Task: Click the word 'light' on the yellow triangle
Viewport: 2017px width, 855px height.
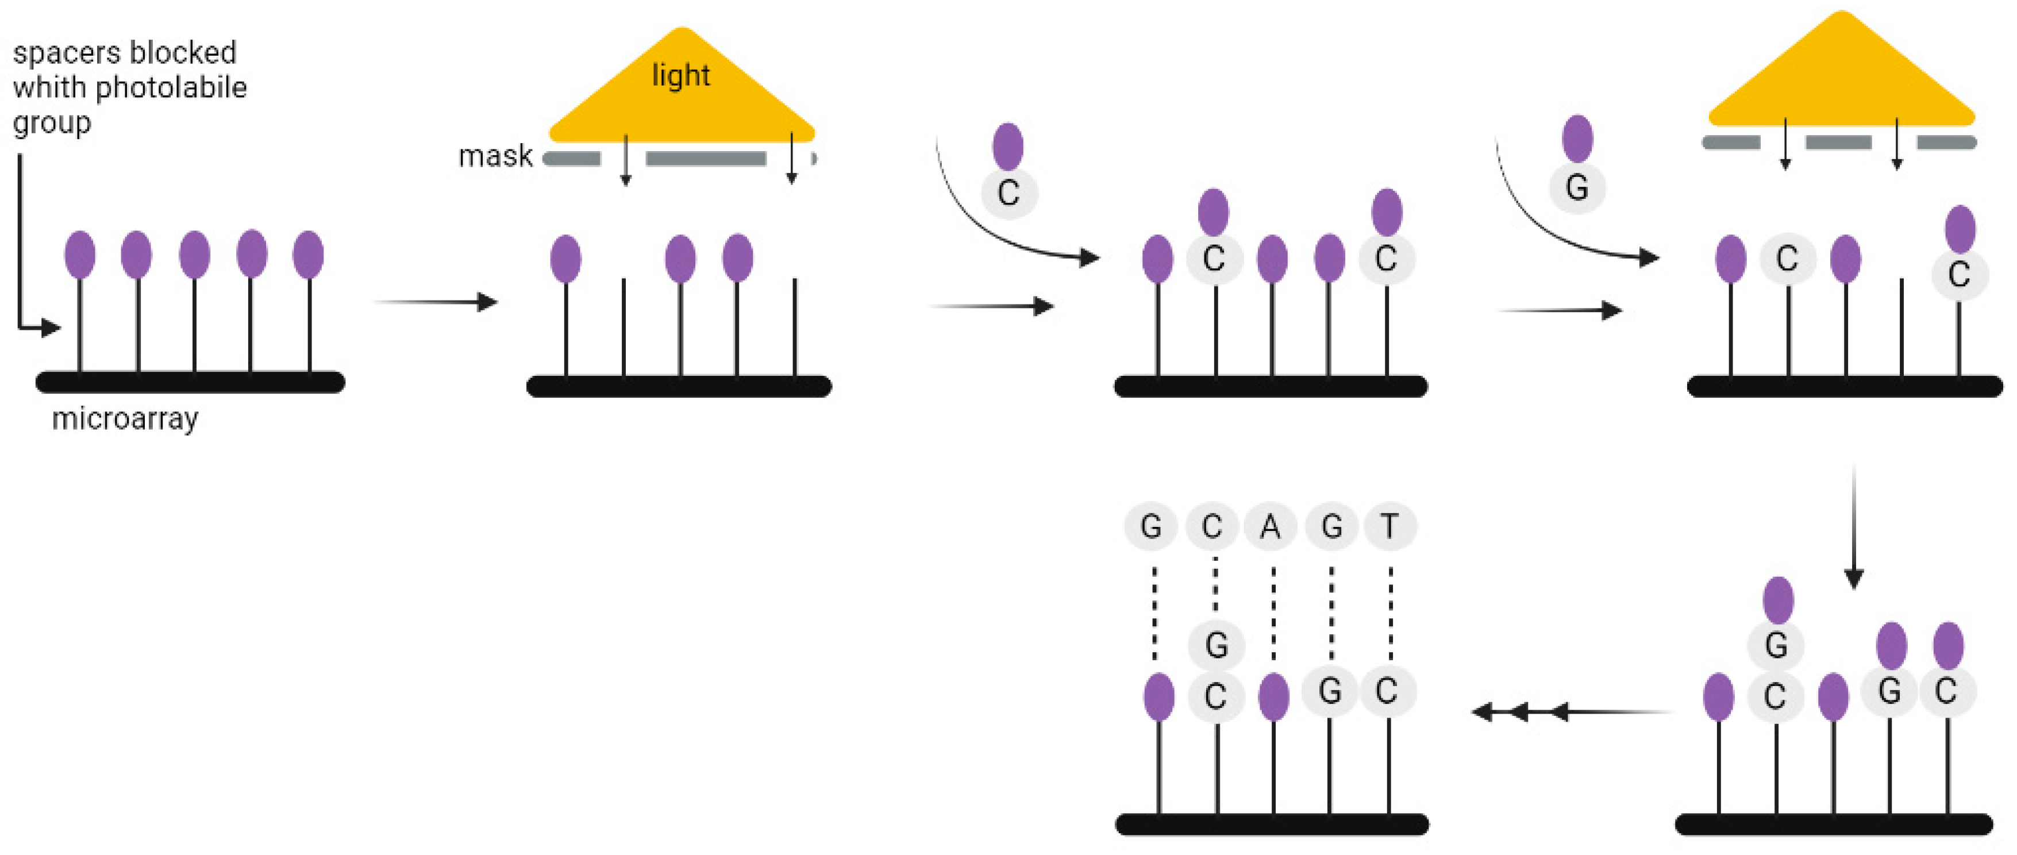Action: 680,76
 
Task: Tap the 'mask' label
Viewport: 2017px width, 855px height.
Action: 495,157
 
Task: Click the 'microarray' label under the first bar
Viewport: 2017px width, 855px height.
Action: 125,419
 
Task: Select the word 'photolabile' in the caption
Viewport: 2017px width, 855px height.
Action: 182,88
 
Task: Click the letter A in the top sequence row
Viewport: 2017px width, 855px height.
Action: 1270,527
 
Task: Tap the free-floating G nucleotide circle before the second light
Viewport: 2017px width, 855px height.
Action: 1576,188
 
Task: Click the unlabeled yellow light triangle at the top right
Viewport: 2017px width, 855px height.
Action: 1842,78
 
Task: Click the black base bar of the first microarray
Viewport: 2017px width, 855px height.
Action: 190,382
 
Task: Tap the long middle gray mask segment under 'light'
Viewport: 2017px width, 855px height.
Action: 706,159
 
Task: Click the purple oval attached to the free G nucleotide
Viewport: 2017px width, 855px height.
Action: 1577,138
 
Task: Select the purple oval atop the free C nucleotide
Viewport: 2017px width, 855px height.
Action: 1008,147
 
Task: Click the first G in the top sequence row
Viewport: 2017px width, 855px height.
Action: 1150,527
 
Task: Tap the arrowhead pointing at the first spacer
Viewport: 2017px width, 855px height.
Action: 52,328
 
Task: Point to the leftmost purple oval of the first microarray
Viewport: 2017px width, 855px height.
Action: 80,255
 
